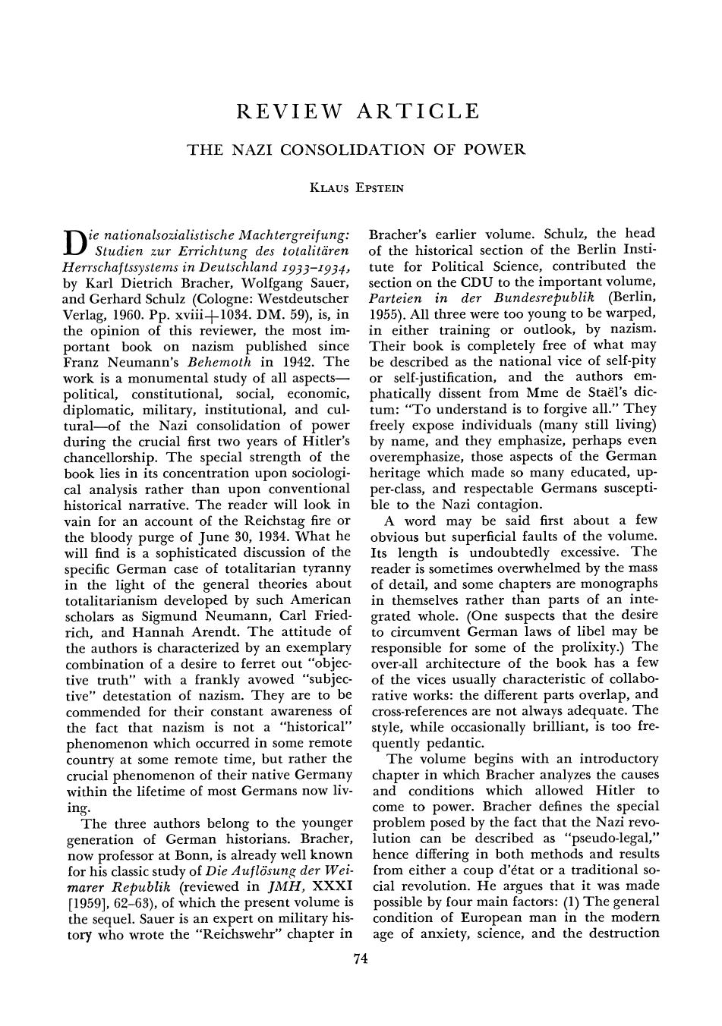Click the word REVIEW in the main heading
click(285, 112)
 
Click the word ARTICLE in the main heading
click(419, 112)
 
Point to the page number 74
click(361, 959)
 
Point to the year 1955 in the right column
click(386, 313)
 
